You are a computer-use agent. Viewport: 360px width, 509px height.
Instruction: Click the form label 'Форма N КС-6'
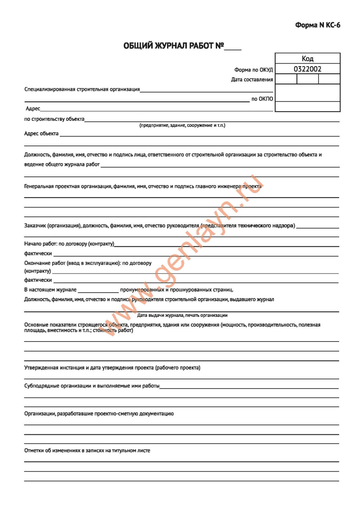tap(318, 25)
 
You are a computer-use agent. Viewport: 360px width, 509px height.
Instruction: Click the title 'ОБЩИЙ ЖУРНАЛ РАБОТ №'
tap(173, 46)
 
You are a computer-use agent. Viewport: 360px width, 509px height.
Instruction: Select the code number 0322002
tap(307, 69)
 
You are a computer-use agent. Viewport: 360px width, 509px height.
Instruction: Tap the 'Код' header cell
tap(307, 59)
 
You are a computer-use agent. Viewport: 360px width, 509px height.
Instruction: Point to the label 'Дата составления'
tap(252, 79)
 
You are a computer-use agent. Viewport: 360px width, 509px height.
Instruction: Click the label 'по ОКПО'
tap(262, 99)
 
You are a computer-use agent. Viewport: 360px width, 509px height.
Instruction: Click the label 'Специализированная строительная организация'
tap(82, 89)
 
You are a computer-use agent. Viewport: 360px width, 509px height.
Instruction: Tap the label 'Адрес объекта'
tap(41, 134)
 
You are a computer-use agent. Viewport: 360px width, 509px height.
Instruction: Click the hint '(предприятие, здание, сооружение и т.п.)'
tap(182, 126)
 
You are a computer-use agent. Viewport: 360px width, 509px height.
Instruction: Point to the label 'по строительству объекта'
tap(54, 119)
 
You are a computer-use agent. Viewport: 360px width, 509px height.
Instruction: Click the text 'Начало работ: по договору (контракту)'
tap(69, 244)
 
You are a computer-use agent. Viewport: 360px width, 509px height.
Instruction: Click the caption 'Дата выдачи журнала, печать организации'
tap(182, 315)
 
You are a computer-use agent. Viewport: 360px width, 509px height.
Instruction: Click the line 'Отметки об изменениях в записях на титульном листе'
tap(87, 450)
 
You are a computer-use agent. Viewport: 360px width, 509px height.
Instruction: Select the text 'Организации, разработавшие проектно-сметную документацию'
tap(99, 413)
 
